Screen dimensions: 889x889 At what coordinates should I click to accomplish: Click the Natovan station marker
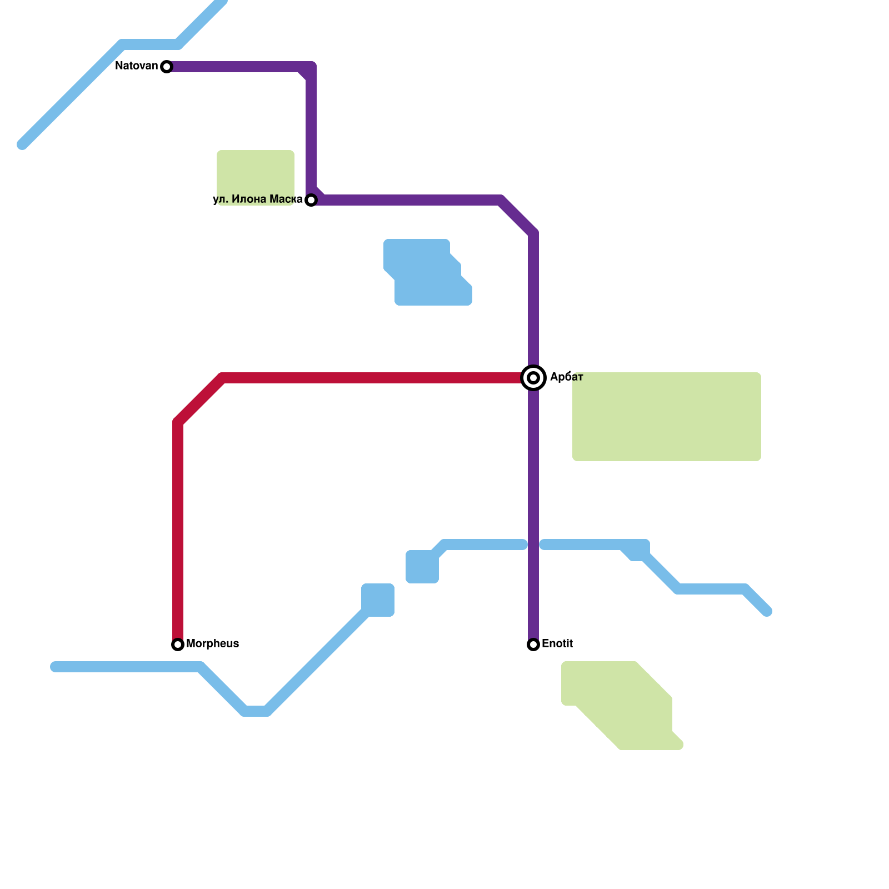coord(167,67)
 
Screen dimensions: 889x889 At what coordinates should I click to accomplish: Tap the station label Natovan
coord(136,66)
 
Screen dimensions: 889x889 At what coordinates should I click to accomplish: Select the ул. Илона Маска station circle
coord(311,200)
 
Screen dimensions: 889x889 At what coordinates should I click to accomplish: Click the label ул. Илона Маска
coord(257,199)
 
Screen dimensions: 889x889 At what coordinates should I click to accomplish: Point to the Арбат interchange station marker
coord(533,378)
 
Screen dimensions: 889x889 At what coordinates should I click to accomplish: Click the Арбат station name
coord(566,377)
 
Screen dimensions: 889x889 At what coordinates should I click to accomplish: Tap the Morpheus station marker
coord(178,645)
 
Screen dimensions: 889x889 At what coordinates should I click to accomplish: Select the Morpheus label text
coord(212,644)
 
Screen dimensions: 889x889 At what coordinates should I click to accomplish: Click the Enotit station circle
coord(533,645)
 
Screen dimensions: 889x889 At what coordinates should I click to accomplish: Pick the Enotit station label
coord(557,644)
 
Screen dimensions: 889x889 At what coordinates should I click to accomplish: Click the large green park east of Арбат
coord(667,417)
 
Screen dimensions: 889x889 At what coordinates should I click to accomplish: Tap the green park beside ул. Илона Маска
coord(256,172)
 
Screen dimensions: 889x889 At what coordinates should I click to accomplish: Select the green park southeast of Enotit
coord(622,706)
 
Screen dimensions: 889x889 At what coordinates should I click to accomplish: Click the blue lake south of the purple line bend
coord(428,275)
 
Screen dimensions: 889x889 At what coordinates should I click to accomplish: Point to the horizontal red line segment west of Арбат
coord(367,378)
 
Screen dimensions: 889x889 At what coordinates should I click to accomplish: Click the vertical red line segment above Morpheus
coord(178,528)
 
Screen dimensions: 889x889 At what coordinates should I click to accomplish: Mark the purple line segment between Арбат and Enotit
coord(533,511)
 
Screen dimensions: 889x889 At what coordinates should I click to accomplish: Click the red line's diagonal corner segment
coord(200,400)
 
